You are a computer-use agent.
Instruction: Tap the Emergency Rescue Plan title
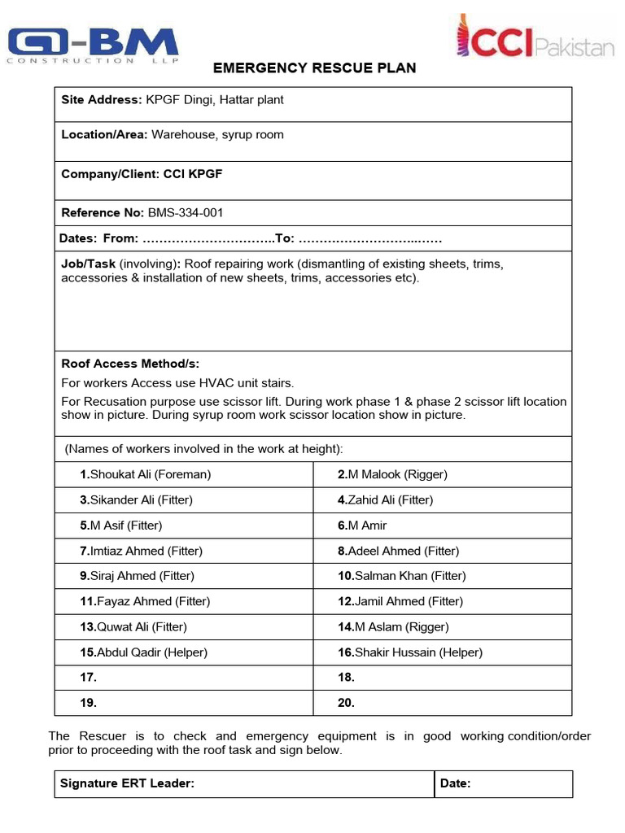314,68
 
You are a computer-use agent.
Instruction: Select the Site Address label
102,100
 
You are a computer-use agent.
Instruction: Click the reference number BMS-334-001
186,213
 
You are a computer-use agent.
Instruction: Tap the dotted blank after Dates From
208,239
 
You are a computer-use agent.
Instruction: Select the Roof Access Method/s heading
130,364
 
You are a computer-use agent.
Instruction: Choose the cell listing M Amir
362,526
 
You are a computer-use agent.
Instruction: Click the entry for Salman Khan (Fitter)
402,576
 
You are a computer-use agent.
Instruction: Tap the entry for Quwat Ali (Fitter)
133,627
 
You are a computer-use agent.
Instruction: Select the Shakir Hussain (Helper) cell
410,652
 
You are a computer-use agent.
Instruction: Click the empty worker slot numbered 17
89,678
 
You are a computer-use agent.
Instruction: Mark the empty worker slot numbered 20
346,703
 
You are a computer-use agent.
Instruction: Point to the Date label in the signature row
455,784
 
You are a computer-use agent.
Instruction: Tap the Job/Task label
89,264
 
